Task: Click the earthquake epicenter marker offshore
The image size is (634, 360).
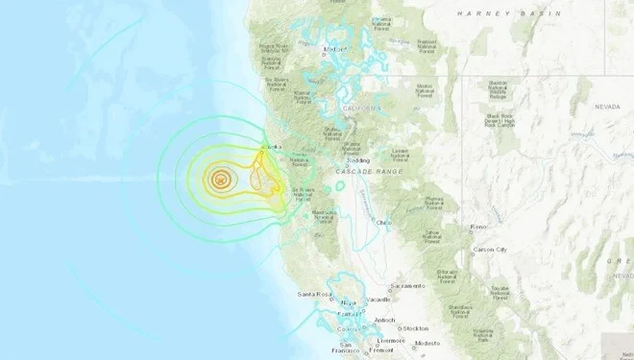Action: [221, 177]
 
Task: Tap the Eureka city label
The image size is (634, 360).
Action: [273, 147]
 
